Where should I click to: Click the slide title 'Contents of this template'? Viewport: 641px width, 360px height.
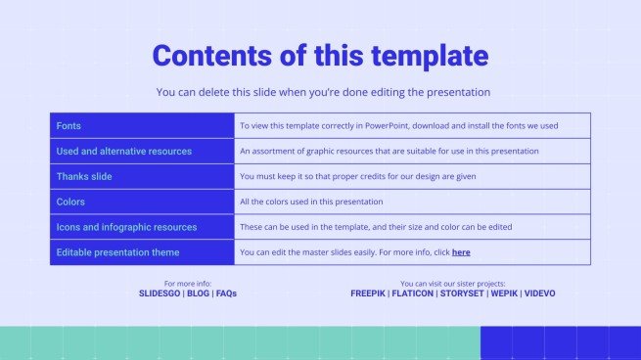[x=320, y=55]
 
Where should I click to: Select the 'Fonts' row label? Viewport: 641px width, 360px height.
[x=69, y=126]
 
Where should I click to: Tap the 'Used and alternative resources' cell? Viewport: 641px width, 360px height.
[x=124, y=152]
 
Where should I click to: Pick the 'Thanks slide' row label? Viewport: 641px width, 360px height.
[x=84, y=177]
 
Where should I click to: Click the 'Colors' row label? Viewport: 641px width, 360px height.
[x=70, y=202]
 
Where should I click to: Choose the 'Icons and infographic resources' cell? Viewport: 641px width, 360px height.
[x=126, y=227]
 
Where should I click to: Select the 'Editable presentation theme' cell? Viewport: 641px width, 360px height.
[x=118, y=252]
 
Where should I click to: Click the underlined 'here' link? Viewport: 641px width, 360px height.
[x=461, y=252]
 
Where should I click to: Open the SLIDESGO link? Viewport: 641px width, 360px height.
[x=160, y=293]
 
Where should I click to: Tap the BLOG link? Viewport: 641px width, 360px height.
[x=198, y=293]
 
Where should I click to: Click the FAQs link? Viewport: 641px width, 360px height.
[x=226, y=293]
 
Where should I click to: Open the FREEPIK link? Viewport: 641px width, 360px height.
[x=368, y=293]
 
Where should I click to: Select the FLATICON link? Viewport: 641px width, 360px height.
[x=412, y=293]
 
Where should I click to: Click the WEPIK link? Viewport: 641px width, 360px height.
[x=503, y=293]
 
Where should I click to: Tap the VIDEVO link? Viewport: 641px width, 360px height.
[x=540, y=293]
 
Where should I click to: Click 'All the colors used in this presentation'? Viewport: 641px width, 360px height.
[x=311, y=202]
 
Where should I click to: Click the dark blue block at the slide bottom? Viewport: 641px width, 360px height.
[x=560, y=342]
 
